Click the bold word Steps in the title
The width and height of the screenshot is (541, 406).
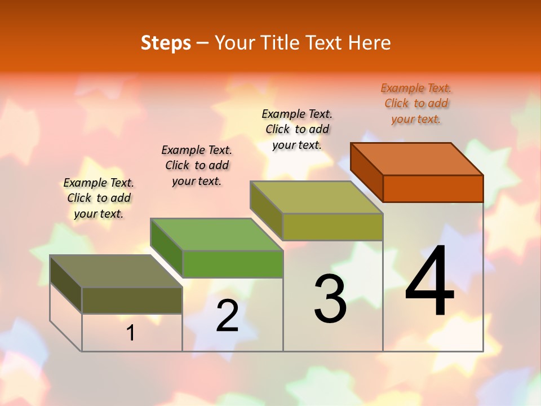pos(166,43)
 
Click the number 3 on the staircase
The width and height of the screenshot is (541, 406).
pos(330,299)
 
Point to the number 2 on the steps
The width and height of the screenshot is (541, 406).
pos(227,316)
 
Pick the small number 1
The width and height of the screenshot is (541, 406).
pos(131,333)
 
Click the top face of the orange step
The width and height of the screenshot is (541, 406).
pos(417,158)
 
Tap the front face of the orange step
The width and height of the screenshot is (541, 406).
pos(433,188)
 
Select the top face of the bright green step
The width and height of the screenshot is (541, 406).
pos(216,234)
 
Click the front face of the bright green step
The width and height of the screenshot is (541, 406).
pos(232,264)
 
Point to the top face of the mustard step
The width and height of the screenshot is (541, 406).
pos(317,197)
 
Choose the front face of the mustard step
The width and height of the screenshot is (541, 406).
pos(332,227)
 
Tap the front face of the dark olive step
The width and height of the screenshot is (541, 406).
pos(132,300)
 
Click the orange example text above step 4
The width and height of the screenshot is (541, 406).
pos(416,103)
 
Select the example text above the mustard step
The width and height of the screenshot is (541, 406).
pos(297,129)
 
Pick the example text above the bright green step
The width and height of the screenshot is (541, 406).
pos(197,165)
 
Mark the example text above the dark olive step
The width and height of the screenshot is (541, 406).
pos(99,198)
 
